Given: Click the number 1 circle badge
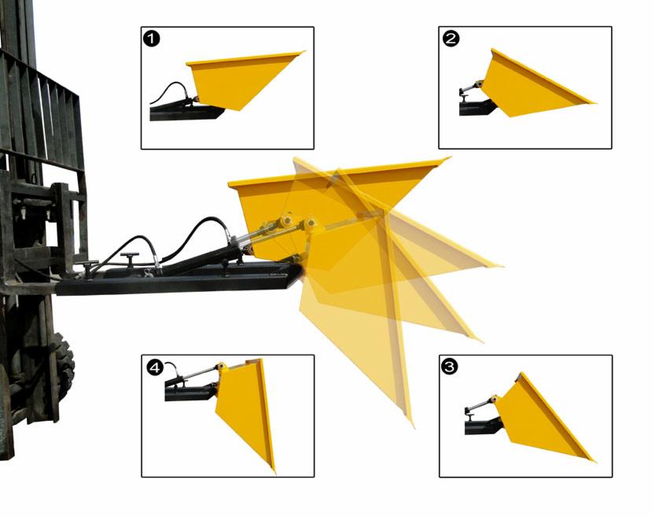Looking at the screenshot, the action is (151, 39).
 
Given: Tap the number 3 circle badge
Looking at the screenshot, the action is (450, 367).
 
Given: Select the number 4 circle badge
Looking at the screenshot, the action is (155, 368).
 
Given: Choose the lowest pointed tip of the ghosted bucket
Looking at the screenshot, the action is (413, 426).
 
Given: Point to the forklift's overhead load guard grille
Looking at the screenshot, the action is (39, 112).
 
